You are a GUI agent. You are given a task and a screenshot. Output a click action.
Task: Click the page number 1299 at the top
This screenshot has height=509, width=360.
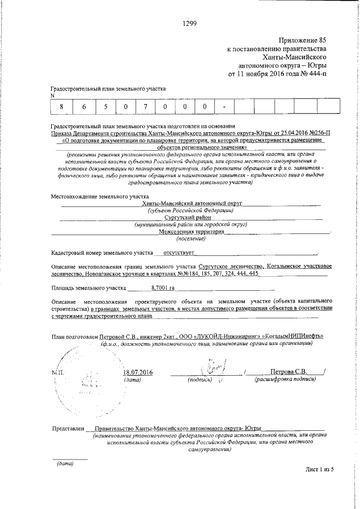(x=190, y=23)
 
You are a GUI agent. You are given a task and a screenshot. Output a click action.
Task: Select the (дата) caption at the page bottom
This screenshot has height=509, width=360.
(x=62, y=464)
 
